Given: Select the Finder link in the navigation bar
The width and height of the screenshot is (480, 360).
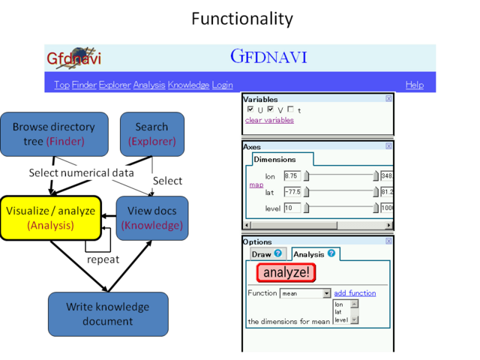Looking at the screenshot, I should (x=84, y=85).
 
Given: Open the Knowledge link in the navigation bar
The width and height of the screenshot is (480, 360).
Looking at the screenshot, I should (x=187, y=85).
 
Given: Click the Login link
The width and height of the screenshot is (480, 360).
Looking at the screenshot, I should (x=222, y=85).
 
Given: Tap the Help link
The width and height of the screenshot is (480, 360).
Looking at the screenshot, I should (x=414, y=85).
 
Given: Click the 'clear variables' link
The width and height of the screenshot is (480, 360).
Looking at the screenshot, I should (x=269, y=120).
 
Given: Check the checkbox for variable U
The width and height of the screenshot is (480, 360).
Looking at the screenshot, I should (x=250, y=109).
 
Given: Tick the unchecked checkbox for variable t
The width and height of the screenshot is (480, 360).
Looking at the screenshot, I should (x=290, y=109).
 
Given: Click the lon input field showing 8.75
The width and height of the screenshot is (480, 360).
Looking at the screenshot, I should (x=292, y=175).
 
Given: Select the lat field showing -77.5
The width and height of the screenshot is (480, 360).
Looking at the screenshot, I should (x=292, y=192).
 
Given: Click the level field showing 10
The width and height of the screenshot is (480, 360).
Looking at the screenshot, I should (x=292, y=208).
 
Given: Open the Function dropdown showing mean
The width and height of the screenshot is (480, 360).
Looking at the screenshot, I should (x=305, y=293).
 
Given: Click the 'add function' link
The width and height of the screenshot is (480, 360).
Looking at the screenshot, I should (x=355, y=293).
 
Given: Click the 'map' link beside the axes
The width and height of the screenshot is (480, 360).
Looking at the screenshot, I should (x=256, y=184).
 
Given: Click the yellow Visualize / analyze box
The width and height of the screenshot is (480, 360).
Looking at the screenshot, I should (x=50, y=217).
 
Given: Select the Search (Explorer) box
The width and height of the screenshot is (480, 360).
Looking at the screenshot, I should (x=151, y=133).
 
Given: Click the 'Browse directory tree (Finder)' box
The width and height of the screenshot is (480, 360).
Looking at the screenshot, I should (x=50, y=133).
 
